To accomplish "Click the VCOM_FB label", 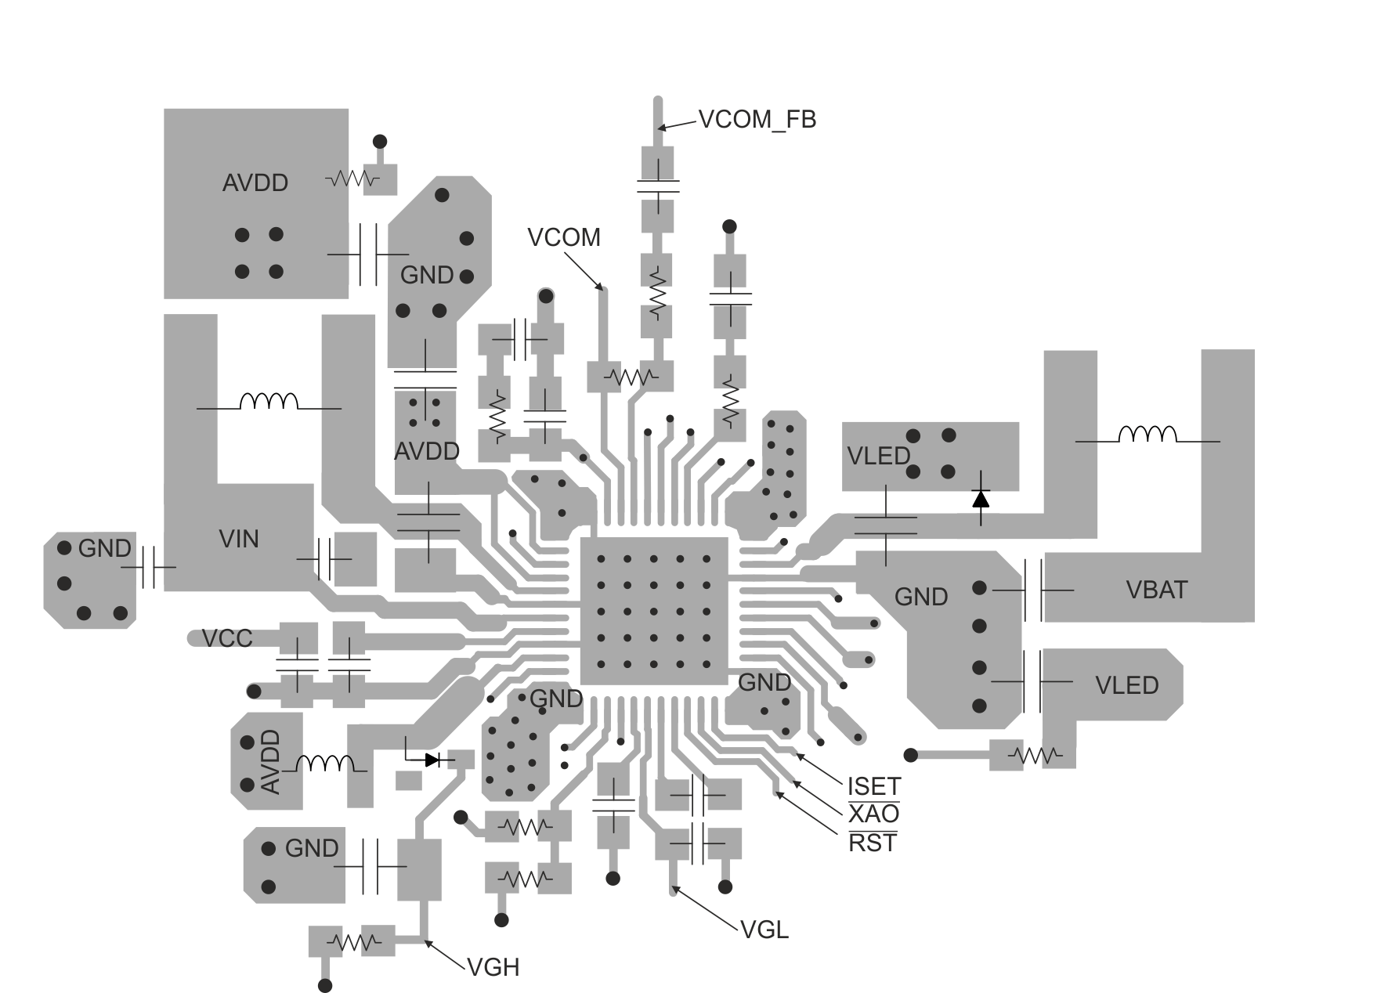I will pos(757,120).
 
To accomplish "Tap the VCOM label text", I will pos(564,237).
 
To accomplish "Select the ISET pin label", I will pos(874,785).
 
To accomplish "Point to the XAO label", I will pos(873,814).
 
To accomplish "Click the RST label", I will pos(873,843).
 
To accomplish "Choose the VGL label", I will pos(764,930).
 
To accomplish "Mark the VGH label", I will pos(493,967).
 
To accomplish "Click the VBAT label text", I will pos(1156,590).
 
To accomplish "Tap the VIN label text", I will pos(239,539).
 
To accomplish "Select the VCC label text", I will pos(227,638).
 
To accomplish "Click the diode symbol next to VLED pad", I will pos(980,498).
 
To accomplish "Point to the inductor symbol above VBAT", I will pos(1147,435).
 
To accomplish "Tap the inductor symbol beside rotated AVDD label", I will pos(324,764).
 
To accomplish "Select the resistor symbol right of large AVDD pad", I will pos(352,179).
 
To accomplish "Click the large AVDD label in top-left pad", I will pos(255,182).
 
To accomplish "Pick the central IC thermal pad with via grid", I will pos(653,612).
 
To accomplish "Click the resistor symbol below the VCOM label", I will pos(631,377).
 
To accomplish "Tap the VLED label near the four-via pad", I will pos(878,456).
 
